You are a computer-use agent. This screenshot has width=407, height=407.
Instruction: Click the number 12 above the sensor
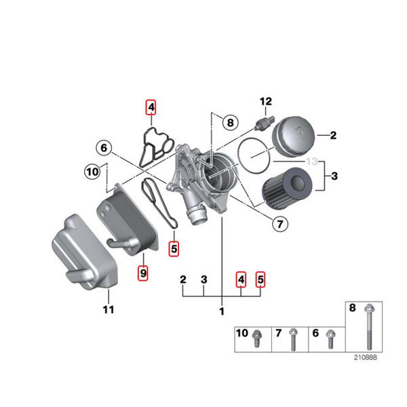click(x=265, y=102)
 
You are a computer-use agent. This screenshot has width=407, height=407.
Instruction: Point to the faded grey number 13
click(x=312, y=161)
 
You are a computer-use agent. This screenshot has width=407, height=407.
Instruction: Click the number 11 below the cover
click(x=108, y=310)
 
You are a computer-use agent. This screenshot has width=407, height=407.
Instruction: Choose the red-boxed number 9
click(x=142, y=273)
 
